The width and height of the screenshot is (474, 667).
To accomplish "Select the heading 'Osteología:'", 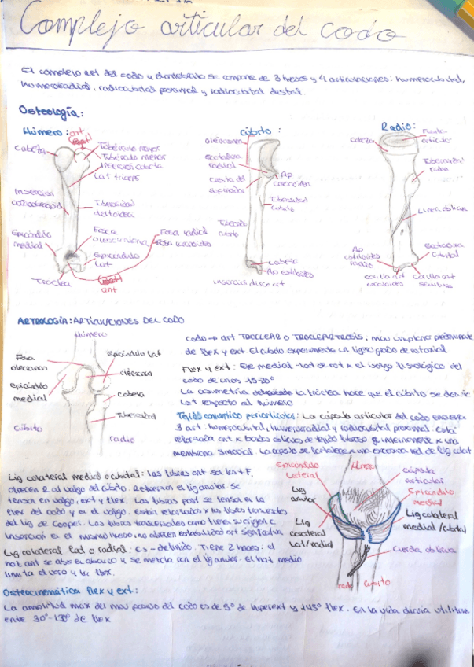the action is click(52, 112).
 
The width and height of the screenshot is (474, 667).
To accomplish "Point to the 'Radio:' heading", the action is click(398, 127).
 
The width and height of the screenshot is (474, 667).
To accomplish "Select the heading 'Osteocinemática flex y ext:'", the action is click(71, 590).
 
